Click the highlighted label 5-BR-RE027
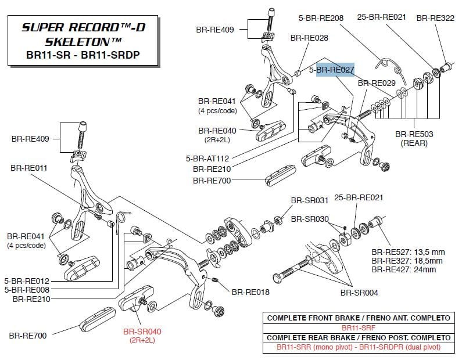tap(331, 70)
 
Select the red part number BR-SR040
tap(142, 332)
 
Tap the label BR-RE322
tap(435, 19)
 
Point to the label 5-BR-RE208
tap(321, 19)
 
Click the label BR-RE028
tap(309, 38)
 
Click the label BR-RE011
tap(29, 167)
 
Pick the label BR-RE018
tap(250, 292)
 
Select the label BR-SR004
tap(359, 292)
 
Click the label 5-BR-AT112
tap(207, 158)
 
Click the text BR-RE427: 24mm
tap(404, 269)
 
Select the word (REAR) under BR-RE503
tap(414, 143)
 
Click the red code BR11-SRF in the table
tap(357, 328)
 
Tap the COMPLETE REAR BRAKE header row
tap(357, 337)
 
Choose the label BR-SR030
tap(310, 219)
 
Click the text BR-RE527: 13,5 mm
tap(408, 252)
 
